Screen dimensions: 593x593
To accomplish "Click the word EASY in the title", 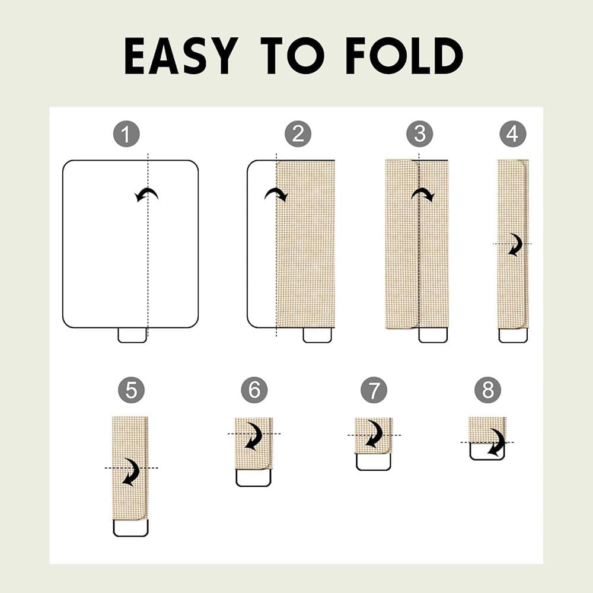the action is pos(179,56).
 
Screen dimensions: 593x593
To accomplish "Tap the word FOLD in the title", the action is pos(404,56).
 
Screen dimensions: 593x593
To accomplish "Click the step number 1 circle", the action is pos(126,134).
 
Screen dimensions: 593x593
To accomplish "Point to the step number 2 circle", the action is pos(298,134).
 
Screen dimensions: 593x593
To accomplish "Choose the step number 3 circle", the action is pos(420,134).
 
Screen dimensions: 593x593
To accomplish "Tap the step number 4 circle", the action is pos(513,134).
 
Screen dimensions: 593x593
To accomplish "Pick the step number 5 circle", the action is pos(131,390).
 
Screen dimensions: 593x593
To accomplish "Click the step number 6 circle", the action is pos(254,390).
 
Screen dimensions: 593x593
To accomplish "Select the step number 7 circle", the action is pos(374,390).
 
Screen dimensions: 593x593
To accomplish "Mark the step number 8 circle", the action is pos(488,390).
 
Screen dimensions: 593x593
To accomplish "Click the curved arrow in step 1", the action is pos(146,190).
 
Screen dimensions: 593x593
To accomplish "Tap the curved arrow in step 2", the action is pos(276,191).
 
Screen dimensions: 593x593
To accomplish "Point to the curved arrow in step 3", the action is pos(423,191).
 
